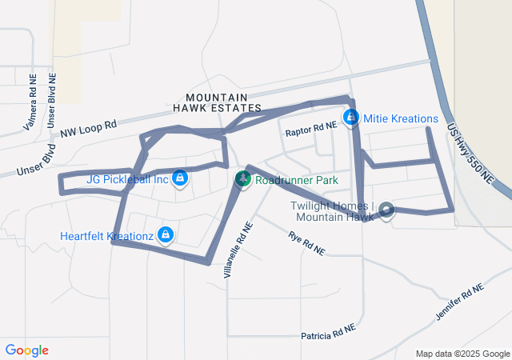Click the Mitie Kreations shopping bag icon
(x=350, y=118)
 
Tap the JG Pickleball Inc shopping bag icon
(x=180, y=178)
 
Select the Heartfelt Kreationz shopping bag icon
(x=165, y=234)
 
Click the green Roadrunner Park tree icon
(x=242, y=180)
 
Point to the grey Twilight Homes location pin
(x=386, y=210)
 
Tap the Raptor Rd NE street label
(x=310, y=126)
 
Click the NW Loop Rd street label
(x=88, y=128)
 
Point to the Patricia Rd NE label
(x=328, y=333)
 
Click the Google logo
(x=26, y=350)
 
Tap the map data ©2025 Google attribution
(x=462, y=354)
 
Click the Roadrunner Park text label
(x=298, y=180)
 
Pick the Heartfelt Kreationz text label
(x=106, y=236)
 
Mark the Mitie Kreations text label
(x=401, y=118)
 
